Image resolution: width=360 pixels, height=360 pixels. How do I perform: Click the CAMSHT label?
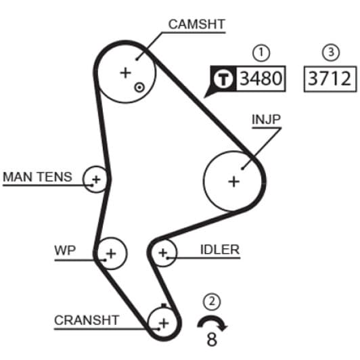(196, 24)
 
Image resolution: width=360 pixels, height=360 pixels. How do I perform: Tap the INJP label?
(267, 119)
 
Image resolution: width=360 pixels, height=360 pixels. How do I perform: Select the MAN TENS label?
(37, 177)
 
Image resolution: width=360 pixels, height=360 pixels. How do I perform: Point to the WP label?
(65, 250)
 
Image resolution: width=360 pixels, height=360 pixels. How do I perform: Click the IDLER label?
(220, 250)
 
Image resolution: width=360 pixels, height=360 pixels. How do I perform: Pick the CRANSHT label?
(87, 320)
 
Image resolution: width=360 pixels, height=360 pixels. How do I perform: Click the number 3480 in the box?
(261, 78)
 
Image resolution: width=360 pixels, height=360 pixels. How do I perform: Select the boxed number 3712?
(330, 78)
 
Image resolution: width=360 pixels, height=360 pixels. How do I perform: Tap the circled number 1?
(261, 53)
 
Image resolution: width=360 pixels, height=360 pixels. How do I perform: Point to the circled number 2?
(212, 301)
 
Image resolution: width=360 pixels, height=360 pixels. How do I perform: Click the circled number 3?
(331, 52)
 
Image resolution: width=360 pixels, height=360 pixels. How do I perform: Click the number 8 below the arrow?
(212, 340)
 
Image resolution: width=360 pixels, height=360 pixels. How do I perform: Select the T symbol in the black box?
(223, 78)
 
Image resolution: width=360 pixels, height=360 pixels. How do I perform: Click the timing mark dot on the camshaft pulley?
(139, 87)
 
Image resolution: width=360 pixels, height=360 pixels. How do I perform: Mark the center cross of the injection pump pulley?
(234, 181)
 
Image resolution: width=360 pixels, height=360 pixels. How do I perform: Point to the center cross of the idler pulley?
(163, 253)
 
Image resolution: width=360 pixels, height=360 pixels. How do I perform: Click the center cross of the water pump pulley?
(111, 254)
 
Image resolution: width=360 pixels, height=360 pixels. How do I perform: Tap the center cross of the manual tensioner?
(96, 179)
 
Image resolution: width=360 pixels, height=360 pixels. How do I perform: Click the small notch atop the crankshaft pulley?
(164, 306)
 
